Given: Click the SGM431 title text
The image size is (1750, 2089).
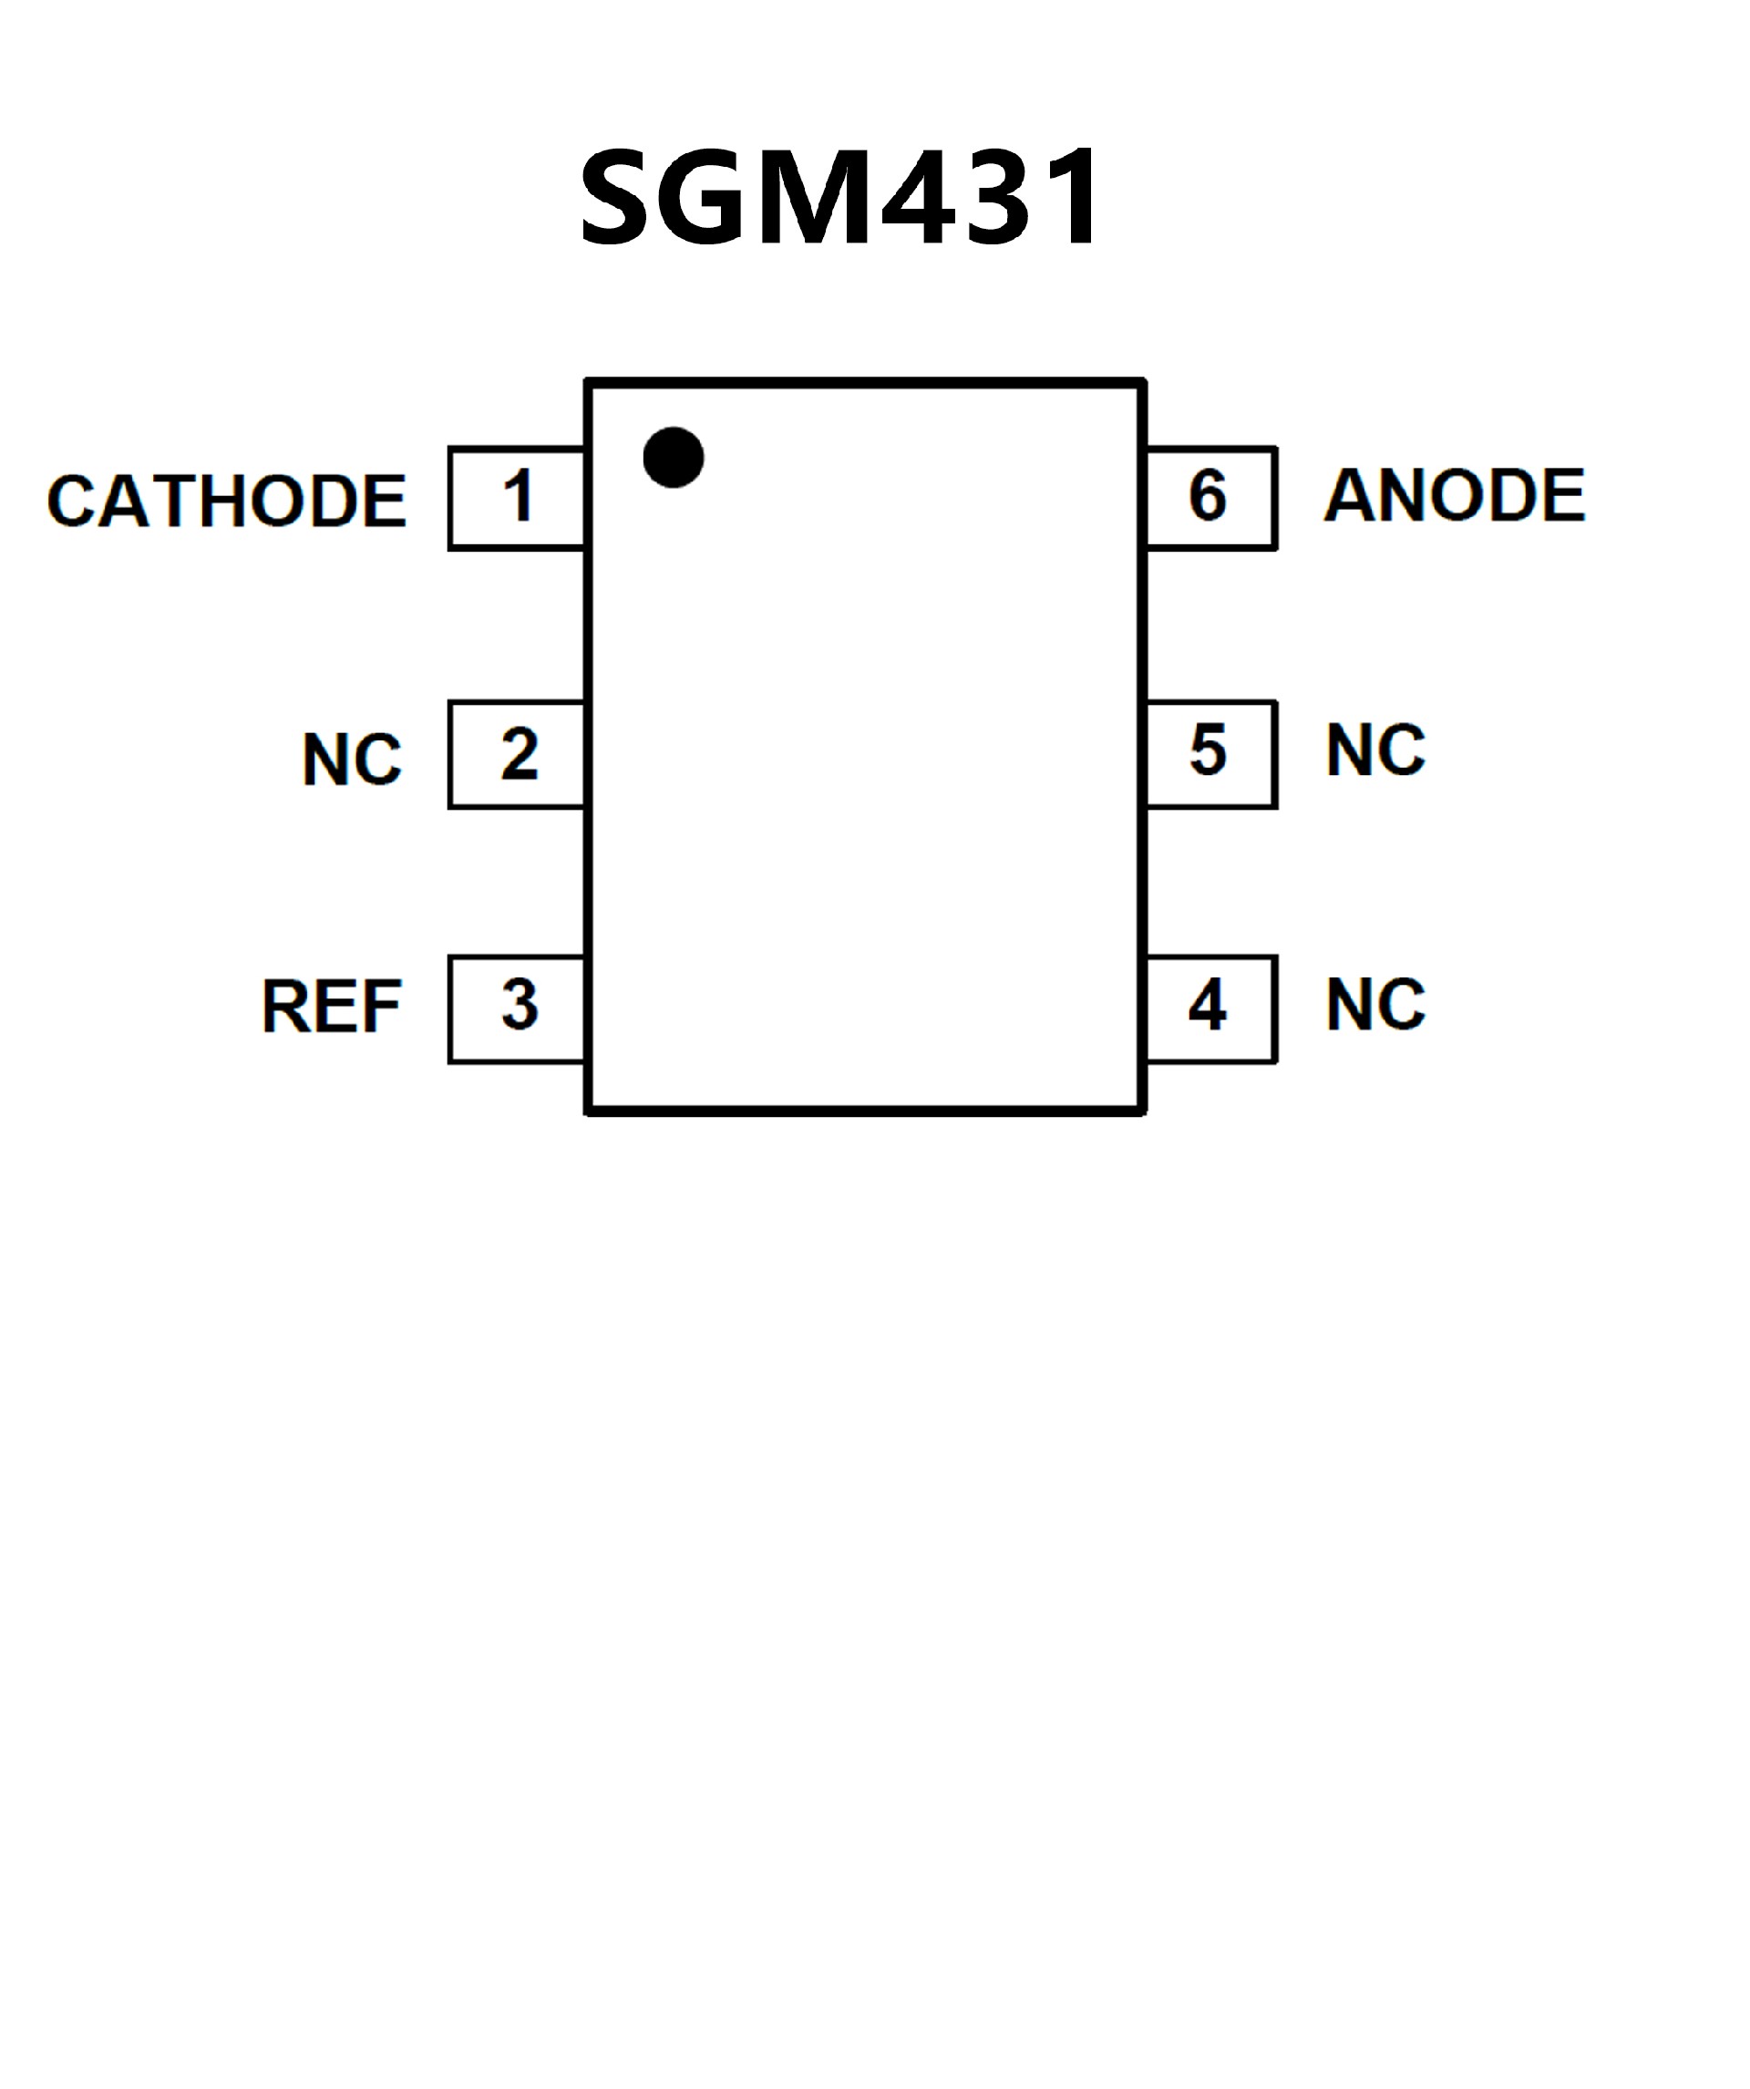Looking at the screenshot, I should pyautogui.click(x=840, y=196).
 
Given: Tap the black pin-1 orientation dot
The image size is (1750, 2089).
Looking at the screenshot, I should pyautogui.click(x=674, y=458).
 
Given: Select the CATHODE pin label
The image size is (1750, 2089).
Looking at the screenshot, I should pyautogui.click(x=227, y=500).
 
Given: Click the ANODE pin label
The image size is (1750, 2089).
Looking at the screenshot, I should pyautogui.click(x=1455, y=494).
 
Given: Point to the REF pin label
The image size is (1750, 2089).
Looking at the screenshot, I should pyautogui.click(x=331, y=1006).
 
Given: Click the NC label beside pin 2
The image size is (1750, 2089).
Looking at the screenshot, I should pyautogui.click(x=352, y=760).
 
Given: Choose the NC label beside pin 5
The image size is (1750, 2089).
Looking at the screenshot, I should pyautogui.click(x=1375, y=750).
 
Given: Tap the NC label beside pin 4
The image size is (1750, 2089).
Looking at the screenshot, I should pyautogui.click(x=1375, y=1005).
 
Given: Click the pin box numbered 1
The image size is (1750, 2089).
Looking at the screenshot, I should pyautogui.click(x=517, y=497).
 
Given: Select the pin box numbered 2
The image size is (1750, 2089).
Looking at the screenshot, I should pyautogui.click(x=517, y=755).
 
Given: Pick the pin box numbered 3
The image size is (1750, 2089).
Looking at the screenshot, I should pyautogui.click(x=517, y=1008).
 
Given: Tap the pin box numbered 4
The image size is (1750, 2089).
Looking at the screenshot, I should pyautogui.click(x=1210, y=1008).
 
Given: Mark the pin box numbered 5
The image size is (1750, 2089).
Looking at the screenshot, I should pyautogui.click(x=1210, y=754).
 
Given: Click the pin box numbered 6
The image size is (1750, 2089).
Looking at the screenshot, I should pyautogui.click(x=1210, y=497).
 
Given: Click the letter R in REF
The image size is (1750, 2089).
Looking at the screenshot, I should pyautogui.click(x=283, y=1006).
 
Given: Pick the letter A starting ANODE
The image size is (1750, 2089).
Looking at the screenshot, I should pyautogui.click(x=1349, y=494).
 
